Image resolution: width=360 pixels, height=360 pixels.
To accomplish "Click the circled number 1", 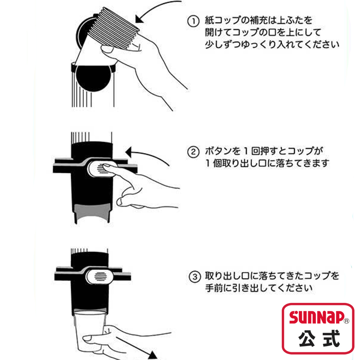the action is pyautogui.click(x=193, y=21).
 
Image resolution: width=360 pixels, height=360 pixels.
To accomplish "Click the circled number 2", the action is pyautogui.click(x=193, y=152).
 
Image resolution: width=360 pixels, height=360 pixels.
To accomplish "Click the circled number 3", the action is pyautogui.click(x=195, y=277).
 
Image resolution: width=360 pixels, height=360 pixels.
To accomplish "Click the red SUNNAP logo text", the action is pyautogui.click(x=316, y=317).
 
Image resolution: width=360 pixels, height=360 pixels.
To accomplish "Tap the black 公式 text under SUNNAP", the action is pyautogui.click(x=319, y=338).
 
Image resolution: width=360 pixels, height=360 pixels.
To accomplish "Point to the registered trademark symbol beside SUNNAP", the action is pyautogui.click(x=346, y=321).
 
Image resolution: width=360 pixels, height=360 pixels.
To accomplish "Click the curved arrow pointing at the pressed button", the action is pyautogui.click(x=149, y=153).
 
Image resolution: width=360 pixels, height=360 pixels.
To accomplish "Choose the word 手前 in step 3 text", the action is pyautogui.click(x=214, y=288).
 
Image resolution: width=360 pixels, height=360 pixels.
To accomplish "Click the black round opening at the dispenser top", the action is pyautogui.click(x=93, y=77).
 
